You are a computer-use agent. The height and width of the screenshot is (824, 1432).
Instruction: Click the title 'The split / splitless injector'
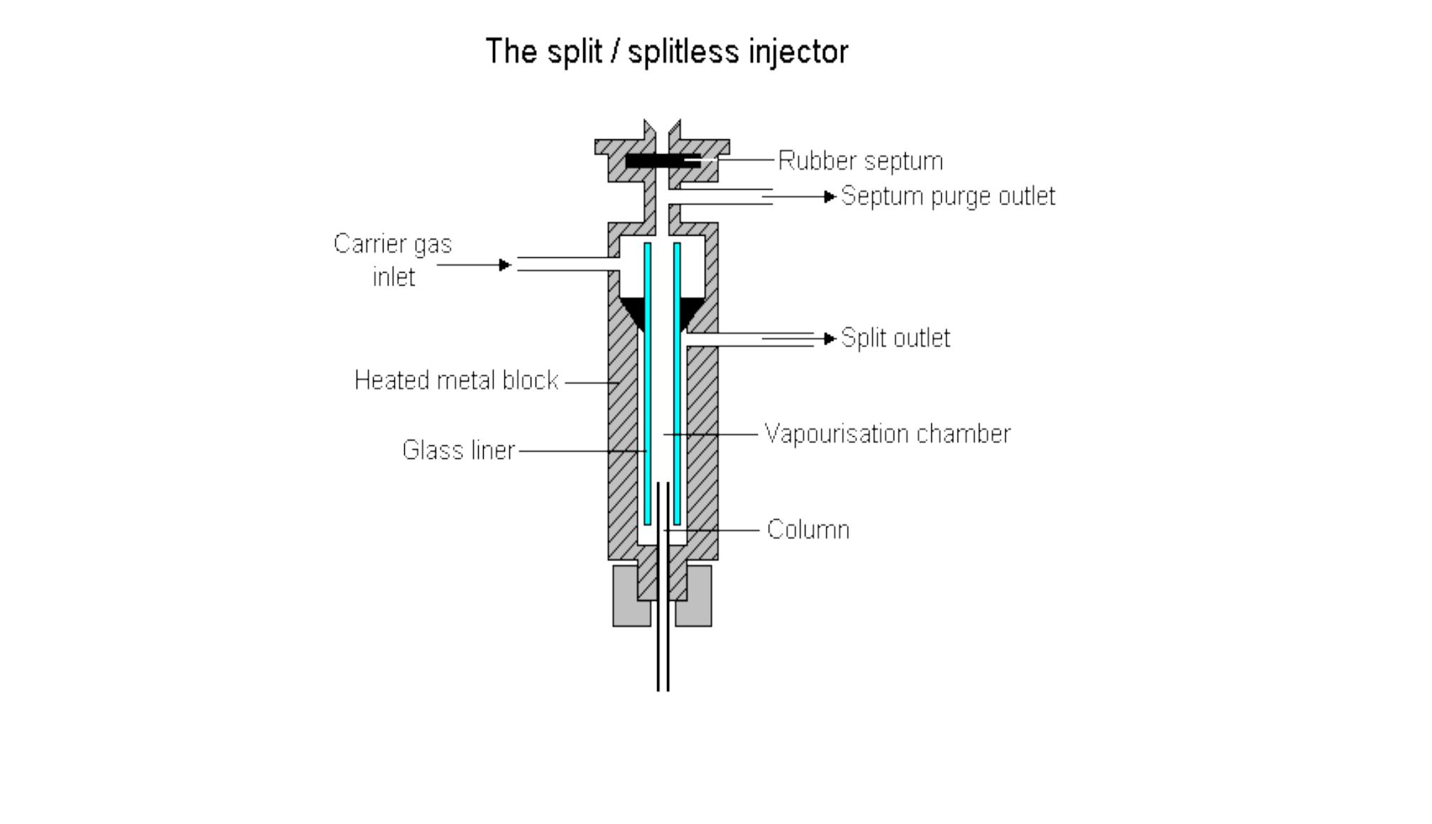[x=666, y=52]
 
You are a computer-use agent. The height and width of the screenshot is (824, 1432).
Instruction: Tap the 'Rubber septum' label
[x=860, y=161]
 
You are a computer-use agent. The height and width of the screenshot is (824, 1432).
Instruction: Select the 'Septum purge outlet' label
[x=948, y=196]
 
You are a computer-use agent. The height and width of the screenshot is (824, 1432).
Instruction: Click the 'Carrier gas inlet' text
[x=393, y=260]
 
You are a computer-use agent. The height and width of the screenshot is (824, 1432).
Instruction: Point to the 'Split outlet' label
[x=895, y=338]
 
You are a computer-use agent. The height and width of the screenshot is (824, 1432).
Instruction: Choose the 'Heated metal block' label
[x=456, y=381]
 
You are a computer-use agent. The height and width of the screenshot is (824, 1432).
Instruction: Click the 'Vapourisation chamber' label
[x=887, y=434]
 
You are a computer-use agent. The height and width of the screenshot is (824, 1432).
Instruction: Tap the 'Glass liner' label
[x=458, y=450]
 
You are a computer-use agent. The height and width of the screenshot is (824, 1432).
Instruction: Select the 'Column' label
[x=808, y=530]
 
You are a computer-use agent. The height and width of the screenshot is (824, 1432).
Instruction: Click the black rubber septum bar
[x=662, y=162]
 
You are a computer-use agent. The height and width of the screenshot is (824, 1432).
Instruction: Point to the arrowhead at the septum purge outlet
[x=830, y=197]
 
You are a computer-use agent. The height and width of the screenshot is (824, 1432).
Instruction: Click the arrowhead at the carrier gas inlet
[x=504, y=265]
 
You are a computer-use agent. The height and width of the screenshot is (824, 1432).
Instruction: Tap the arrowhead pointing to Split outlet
[x=830, y=339]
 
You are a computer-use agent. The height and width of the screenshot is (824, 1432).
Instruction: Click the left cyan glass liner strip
[x=647, y=384]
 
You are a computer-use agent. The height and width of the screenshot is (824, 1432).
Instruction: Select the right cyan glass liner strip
[x=677, y=384]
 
